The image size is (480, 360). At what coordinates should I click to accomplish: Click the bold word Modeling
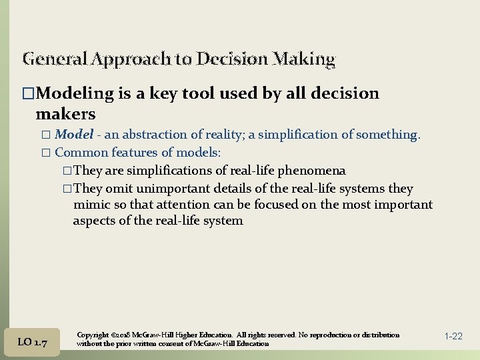pos(73,94)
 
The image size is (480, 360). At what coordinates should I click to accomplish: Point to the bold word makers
pos(65,114)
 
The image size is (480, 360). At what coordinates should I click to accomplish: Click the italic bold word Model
pos(74,135)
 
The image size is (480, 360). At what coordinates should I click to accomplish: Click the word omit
pos(122,189)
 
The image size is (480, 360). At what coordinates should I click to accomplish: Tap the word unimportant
pos(173,189)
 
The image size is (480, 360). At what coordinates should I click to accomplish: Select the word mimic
pos(90,205)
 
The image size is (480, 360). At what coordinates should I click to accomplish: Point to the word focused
pos(301,205)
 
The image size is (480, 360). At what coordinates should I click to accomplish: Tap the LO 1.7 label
pos(32,342)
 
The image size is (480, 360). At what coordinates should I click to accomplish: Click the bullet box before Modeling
pos(27,94)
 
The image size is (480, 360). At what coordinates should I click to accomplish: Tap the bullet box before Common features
pos(46,152)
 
